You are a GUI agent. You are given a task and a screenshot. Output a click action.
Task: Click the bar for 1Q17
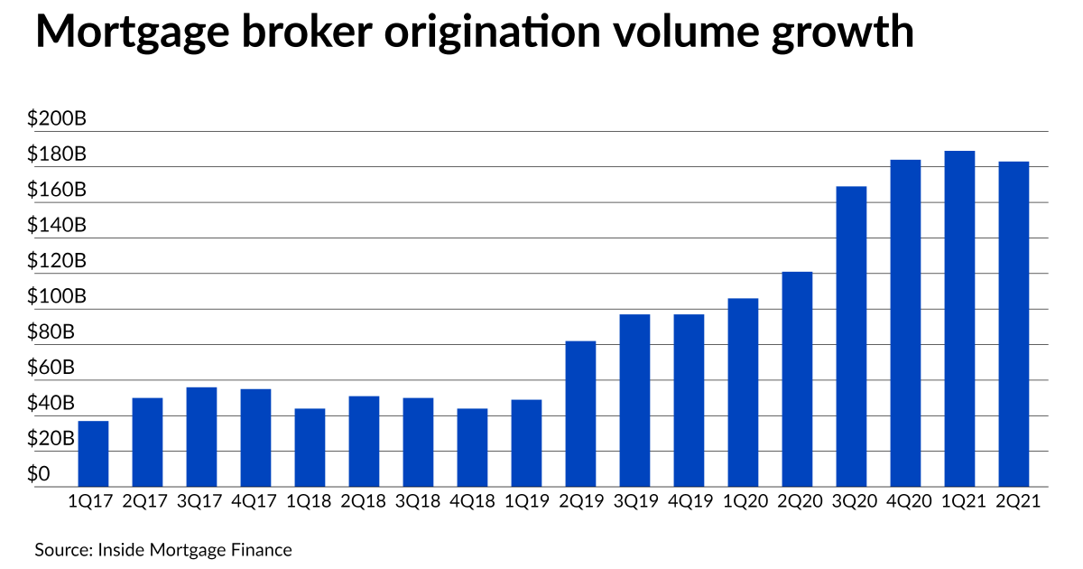tap(94, 453)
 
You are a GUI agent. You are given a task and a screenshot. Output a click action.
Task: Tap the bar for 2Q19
tap(580, 414)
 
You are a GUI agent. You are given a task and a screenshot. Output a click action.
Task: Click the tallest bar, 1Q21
tap(959, 319)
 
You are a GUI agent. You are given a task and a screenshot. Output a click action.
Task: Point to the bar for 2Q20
tap(797, 379)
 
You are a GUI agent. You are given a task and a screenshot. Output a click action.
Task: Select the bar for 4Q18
tap(472, 447)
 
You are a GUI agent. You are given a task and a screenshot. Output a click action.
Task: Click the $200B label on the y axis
tap(56, 119)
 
